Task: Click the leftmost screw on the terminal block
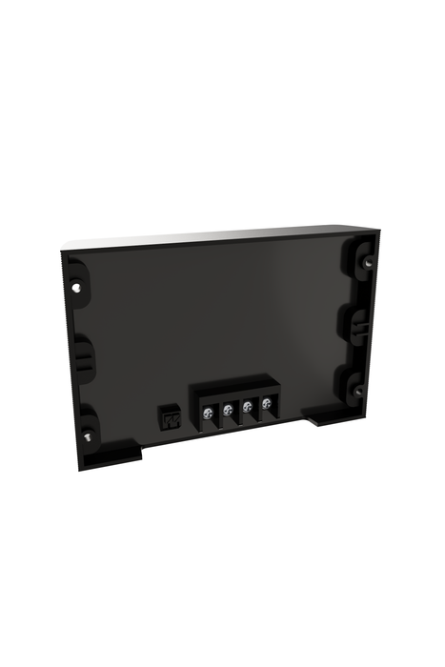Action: (207, 413)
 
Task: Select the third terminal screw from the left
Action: (247, 409)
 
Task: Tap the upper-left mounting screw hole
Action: (75, 285)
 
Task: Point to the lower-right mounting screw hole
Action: (355, 390)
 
